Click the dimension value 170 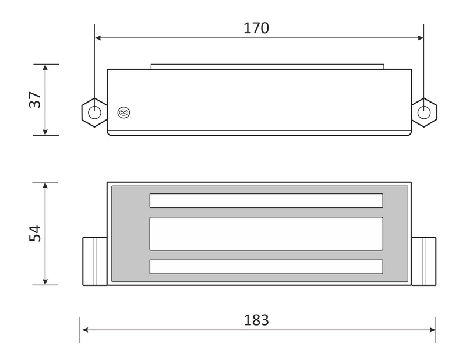(256, 28)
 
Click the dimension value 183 (256, 320)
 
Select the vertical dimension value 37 (35, 100)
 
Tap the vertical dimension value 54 (35, 234)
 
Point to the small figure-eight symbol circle (124, 112)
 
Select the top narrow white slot (266, 200)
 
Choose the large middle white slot (266, 234)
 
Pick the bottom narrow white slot (266, 267)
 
